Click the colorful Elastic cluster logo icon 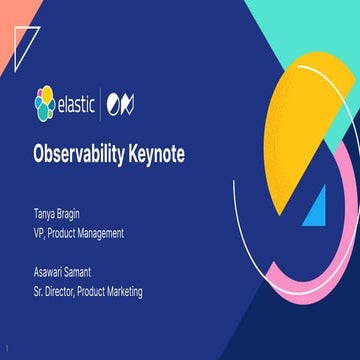pyautogui.click(x=45, y=101)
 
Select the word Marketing pyautogui.click(x=123, y=291)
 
